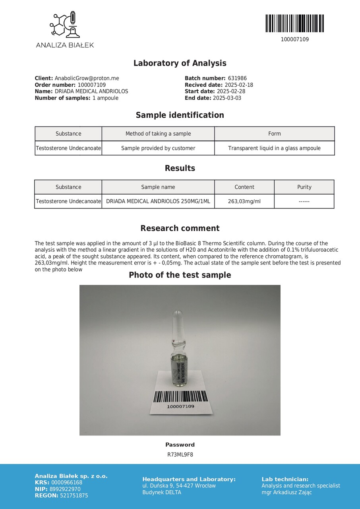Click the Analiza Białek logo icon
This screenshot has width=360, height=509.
pyautogui.click(x=65, y=25)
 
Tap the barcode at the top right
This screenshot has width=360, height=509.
pyautogui.click(x=294, y=23)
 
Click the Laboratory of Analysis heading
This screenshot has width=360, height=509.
pyautogui.click(x=180, y=63)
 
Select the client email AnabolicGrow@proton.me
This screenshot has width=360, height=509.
pyautogui.click(x=87, y=78)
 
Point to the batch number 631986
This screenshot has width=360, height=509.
pyautogui.click(x=237, y=78)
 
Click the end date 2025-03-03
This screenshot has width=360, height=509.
pyautogui.click(x=227, y=98)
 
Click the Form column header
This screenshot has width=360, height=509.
pyautogui.click(x=274, y=134)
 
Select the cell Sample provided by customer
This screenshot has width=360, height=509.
pyautogui.click(x=158, y=148)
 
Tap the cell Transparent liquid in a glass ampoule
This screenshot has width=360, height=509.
pyautogui.click(x=274, y=148)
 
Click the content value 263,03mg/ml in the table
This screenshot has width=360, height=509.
pyautogui.click(x=244, y=201)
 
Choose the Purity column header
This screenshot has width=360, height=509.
pyautogui.click(x=304, y=187)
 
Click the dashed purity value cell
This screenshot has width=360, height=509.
pyautogui.click(x=304, y=201)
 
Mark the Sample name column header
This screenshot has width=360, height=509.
pyautogui.click(x=158, y=187)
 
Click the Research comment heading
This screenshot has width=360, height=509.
pyautogui.click(x=180, y=228)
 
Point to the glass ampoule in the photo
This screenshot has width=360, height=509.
pyautogui.click(x=179, y=350)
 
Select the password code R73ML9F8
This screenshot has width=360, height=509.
pyautogui.click(x=180, y=455)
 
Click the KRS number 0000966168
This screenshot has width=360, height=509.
pyautogui.click(x=67, y=483)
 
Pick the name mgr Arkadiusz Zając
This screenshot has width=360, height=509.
pyautogui.click(x=286, y=492)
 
